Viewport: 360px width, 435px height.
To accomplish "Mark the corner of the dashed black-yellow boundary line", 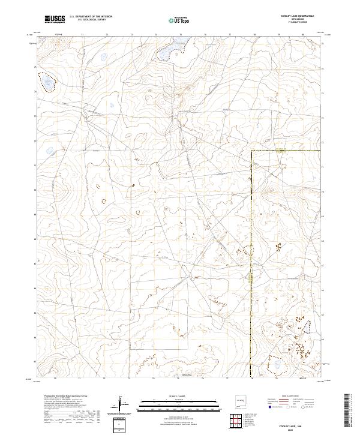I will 251,151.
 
